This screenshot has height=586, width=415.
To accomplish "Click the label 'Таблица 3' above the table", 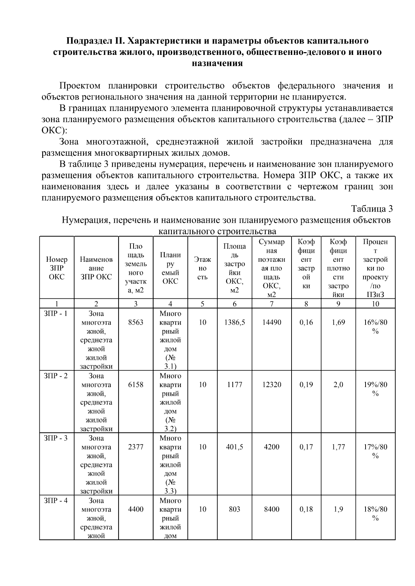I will click(372, 209).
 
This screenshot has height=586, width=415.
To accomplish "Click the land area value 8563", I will click(136, 323).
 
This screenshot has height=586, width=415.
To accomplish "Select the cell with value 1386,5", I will click(234, 323).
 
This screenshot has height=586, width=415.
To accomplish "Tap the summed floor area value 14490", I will click(272, 323).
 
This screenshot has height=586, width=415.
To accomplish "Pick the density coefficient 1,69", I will click(338, 323).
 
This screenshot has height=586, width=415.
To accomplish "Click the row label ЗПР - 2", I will click(56, 376).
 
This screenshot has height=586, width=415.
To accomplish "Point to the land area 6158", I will click(136, 385).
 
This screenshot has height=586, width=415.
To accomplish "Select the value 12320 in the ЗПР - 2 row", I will click(272, 385).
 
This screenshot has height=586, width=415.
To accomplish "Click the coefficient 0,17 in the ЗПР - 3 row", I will click(306, 447).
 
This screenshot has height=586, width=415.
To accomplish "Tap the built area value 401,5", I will click(234, 447).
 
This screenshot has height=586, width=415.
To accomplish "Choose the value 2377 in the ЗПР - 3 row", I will click(136, 447).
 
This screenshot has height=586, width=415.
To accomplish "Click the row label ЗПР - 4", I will click(56, 500).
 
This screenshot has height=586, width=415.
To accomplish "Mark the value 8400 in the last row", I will click(272, 509).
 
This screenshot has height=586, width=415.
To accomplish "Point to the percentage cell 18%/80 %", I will click(376, 513).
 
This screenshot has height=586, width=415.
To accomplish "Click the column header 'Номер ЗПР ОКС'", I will click(57, 268).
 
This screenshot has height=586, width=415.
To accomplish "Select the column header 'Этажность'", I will click(203, 268).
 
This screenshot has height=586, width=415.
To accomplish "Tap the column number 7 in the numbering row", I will click(272, 304).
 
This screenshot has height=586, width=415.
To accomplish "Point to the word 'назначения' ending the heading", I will click(217, 63).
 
